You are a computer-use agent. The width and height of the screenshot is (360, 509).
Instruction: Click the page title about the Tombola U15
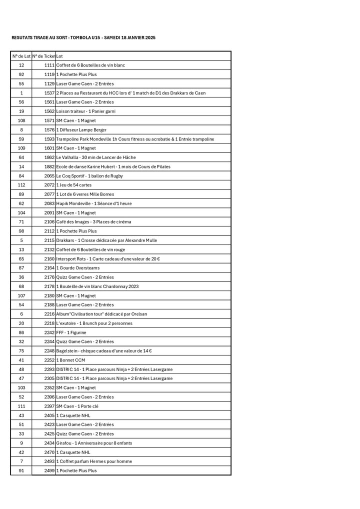coord(83,37)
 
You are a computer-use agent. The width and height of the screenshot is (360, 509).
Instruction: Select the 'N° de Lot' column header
coord(21,56)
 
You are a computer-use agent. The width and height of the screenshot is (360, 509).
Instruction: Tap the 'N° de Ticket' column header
coord(43,56)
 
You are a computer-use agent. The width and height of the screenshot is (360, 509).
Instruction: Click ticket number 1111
coord(49,65)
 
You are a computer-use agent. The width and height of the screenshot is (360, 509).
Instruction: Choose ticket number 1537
coord(49,93)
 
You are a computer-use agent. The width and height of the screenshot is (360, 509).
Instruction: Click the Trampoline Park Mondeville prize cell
coord(135,139)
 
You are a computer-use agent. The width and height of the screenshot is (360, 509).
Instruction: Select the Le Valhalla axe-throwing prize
coord(95,157)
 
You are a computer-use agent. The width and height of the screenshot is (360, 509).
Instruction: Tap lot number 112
coord(21,185)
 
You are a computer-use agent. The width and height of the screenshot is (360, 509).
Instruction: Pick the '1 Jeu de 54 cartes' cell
coord(73,185)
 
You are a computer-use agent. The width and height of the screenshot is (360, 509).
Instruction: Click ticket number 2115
coord(49,240)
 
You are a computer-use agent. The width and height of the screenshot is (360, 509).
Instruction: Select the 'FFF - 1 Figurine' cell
coord(71,332)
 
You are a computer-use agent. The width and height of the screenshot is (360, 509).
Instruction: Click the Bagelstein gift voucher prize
coord(104,350)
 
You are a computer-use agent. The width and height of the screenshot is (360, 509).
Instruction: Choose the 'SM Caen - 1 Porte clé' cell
coord(77,406)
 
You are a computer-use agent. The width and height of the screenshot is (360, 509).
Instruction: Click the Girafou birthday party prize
coord(94,443)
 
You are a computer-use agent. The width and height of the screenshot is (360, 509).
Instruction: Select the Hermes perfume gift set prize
coord(94,461)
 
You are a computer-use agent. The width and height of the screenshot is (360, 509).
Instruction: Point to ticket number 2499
coord(49,470)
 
